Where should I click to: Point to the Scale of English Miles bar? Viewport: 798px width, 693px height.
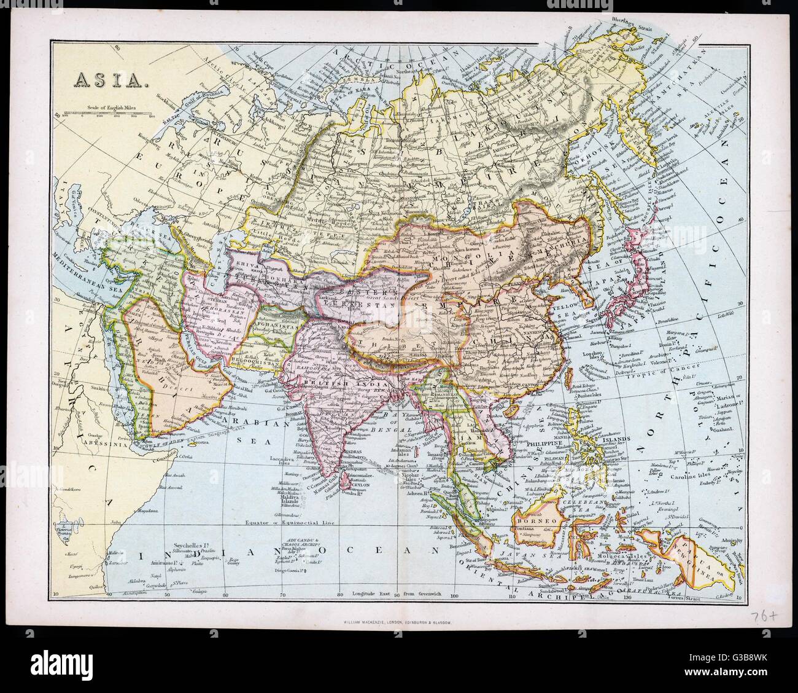(104, 114)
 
